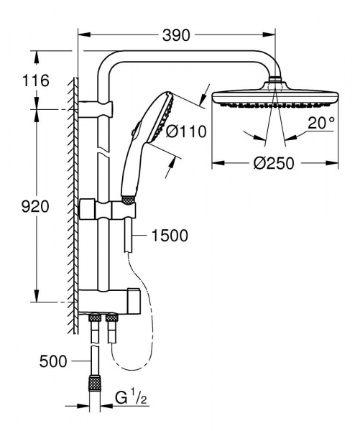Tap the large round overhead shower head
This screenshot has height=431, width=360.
pos(272,99)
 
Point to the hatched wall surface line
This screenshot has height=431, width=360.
pos(73,201)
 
